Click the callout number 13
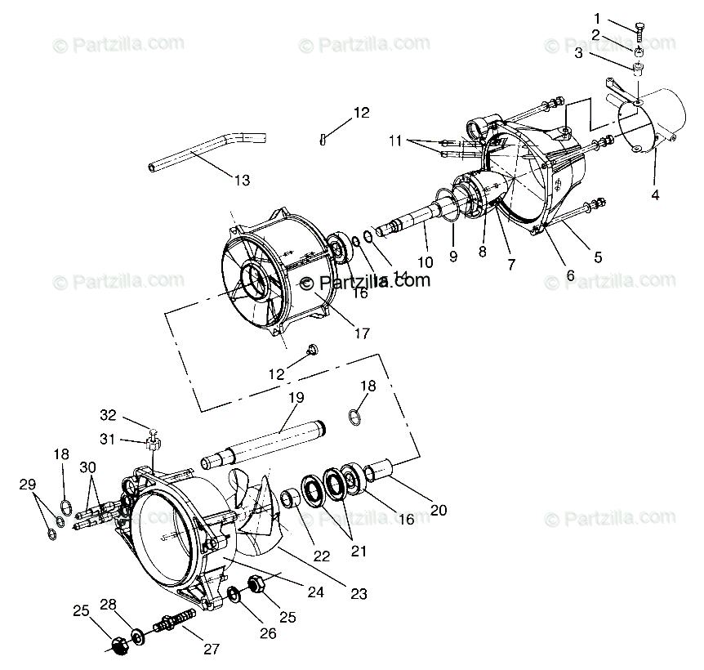(x=241, y=180)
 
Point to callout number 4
(x=653, y=195)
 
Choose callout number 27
(x=212, y=649)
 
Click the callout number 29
(x=28, y=485)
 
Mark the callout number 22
(x=321, y=555)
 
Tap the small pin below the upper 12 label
(x=324, y=139)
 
